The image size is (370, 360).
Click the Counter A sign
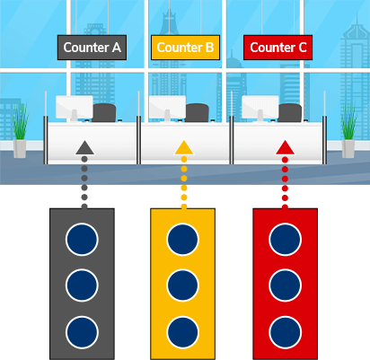click(92, 48)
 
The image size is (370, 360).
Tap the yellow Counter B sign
click(185, 48)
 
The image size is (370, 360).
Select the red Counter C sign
click(277, 48)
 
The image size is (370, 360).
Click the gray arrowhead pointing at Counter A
click(84, 147)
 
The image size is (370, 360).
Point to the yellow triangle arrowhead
click(184, 147)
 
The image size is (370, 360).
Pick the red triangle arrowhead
click(285, 147)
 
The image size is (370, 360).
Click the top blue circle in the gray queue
click(82, 240)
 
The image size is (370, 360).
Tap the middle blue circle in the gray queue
click(82, 285)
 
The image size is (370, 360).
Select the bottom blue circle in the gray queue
click(82, 332)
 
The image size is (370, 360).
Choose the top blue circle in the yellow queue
click(182, 240)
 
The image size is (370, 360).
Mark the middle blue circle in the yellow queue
click(182, 285)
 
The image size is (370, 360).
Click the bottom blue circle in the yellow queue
click(182, 332)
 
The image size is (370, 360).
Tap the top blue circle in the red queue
click(285, 240)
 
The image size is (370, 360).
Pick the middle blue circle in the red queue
click(285, 285)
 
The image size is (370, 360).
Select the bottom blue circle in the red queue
click(285, 332)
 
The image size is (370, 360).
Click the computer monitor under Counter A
click(75, 108)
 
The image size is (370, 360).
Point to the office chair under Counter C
click(290, 112)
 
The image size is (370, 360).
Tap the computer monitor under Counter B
click(167, 108)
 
